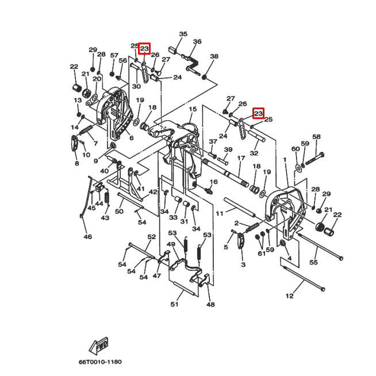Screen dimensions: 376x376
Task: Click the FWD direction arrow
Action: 98,346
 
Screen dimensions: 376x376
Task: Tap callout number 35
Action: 183,34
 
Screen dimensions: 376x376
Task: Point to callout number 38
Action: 214,56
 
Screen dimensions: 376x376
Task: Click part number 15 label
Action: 192,109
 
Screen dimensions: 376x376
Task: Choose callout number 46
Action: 87,237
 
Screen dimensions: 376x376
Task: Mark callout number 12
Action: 289,296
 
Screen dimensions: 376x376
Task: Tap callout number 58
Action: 316,137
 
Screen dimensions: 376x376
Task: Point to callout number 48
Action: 210,305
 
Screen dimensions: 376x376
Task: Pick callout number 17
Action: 241,158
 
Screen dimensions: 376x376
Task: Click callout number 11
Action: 219,213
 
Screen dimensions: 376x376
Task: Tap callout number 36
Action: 197,42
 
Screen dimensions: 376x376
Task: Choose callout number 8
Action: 76,164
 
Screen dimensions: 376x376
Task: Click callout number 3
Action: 243,264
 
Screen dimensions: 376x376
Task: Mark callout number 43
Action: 105,218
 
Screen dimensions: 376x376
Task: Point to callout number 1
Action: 284,158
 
